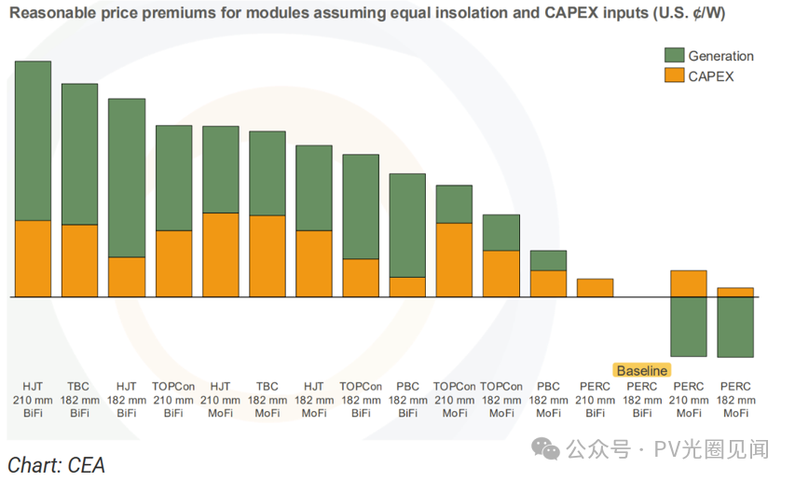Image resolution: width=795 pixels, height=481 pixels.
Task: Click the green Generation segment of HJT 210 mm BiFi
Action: [33, 141]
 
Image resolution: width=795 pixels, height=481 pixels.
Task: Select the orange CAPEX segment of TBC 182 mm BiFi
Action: [79, 260]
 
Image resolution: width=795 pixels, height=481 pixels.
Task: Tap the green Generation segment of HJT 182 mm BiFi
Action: [127, 177]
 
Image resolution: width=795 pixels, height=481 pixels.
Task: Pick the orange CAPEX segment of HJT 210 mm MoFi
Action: [220, 254]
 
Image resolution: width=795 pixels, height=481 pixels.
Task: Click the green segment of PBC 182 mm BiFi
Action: [407, 225]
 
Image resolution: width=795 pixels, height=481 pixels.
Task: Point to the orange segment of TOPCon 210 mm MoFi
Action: [454, 259]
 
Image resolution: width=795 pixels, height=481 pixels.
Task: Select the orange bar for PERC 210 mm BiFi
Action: [595, 287]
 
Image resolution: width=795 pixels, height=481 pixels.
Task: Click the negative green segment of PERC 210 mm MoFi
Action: [689, 326]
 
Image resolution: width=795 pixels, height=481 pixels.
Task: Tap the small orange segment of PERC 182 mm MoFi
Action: [735, 292]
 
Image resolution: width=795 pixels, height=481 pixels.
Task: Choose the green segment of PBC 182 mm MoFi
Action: [548, 260]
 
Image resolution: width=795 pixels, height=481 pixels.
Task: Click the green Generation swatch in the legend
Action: [674, 56]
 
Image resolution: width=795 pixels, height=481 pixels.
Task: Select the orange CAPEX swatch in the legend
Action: [674, 76]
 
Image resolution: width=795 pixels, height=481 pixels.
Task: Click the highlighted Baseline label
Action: [641, 370]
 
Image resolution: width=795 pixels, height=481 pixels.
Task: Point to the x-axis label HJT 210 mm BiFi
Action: [33, 399]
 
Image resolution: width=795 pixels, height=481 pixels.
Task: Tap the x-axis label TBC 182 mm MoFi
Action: [267, 399]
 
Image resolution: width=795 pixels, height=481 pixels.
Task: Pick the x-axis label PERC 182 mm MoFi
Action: [735, 399]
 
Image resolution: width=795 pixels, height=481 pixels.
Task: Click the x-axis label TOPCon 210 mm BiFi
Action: [173, 399]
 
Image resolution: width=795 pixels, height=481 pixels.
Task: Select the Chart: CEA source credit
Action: [56, 464]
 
